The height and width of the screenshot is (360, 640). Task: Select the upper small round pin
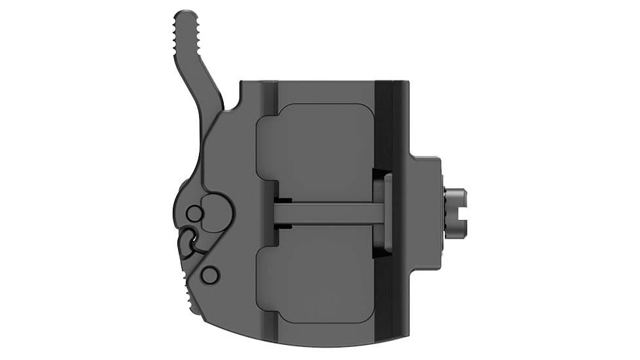[x=194, y=213]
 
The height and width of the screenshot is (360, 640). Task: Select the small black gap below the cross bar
[x=283, y=226]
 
